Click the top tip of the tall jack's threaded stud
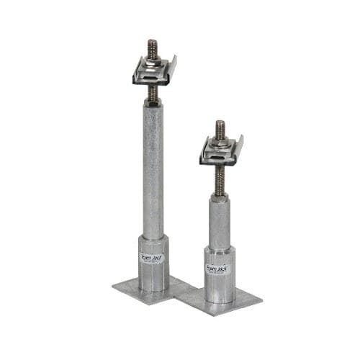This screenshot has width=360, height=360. pos(153,42)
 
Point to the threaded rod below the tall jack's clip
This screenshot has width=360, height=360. pos(153,92)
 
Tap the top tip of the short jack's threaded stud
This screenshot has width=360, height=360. pos(220,123)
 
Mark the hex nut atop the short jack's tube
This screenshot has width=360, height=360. pos(220,196)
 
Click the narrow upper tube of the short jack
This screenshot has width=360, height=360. pos(220,223)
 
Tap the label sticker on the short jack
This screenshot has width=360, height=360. pos(217,268)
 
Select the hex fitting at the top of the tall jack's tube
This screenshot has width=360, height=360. pos(153,103)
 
